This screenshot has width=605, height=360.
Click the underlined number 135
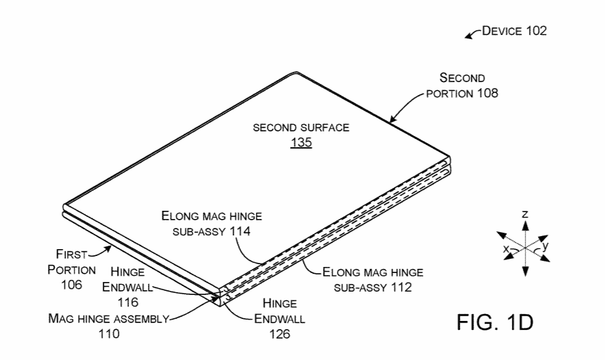point(301,142)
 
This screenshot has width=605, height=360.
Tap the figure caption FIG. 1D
point(495,322)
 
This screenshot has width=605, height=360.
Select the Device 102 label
point(515,31)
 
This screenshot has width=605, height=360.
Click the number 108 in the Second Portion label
point(487,93)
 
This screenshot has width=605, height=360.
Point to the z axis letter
point(525,214)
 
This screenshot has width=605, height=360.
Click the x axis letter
point(506,249)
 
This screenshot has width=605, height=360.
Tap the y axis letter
point(545,246)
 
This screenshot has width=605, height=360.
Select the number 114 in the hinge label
point(240,231)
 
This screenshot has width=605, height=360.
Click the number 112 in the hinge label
point(401,287)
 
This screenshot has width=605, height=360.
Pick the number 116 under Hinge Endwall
point(128,302)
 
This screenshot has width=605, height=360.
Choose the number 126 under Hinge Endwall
point(279,334)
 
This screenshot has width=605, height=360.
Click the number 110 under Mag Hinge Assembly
point(109,333)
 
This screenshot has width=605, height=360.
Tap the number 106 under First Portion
point(71,285)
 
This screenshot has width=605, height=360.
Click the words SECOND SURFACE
point(301,128)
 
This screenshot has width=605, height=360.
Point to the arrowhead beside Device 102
point(468,36)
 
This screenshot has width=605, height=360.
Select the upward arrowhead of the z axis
point(525,225)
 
